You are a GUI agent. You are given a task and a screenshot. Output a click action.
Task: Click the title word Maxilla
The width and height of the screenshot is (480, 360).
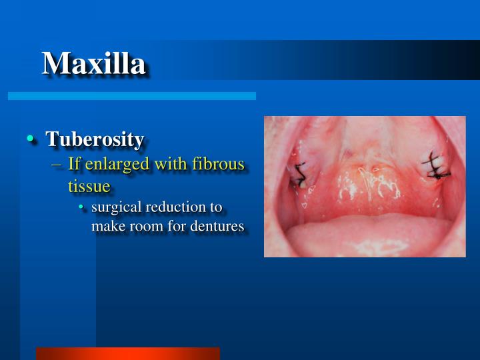(x=93, y=63)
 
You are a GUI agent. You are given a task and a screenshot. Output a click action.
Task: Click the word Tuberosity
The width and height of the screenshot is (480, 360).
(x=95, y=139)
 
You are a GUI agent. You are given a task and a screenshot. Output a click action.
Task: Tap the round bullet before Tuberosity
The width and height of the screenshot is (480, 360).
(x=31, y=139)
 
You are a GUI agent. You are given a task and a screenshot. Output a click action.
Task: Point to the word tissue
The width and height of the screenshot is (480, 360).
(x=89, y=185)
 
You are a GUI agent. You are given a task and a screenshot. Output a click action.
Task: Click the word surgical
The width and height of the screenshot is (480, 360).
(x=115, y=207)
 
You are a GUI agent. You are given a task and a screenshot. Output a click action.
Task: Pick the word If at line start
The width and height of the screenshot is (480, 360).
(x=74, y=164)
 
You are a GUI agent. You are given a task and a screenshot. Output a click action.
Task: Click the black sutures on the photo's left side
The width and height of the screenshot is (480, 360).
(x=301, y=175)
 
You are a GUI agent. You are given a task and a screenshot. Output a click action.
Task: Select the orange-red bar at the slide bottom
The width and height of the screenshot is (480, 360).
(x=127, y=353)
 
